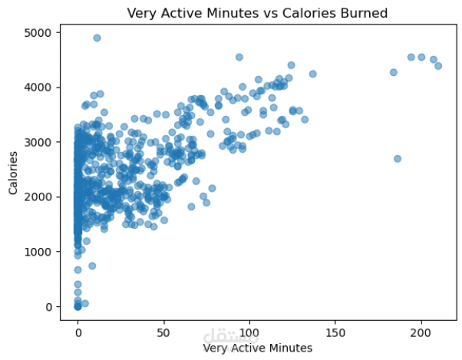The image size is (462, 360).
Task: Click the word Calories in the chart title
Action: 292,13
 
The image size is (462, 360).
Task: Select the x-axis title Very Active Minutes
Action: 257,348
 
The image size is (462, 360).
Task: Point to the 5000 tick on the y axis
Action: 38,33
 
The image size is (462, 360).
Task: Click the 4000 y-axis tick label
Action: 38,88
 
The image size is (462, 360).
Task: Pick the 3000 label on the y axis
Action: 38,143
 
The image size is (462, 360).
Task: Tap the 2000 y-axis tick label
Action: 38,197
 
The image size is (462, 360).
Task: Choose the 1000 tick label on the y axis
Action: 38,252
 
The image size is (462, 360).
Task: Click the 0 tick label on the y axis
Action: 47,307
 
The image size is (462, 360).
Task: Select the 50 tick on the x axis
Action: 163,333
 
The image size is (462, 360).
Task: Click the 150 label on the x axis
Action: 335,333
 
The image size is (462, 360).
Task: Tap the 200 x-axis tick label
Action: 421,333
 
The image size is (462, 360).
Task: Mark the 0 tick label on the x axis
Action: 78,333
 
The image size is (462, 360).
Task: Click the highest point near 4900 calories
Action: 97,38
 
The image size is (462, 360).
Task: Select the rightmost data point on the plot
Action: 438,66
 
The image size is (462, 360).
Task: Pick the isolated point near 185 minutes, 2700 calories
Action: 397,159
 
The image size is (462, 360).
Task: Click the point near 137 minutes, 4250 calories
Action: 312,74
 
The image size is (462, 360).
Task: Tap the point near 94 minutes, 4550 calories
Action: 239,57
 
